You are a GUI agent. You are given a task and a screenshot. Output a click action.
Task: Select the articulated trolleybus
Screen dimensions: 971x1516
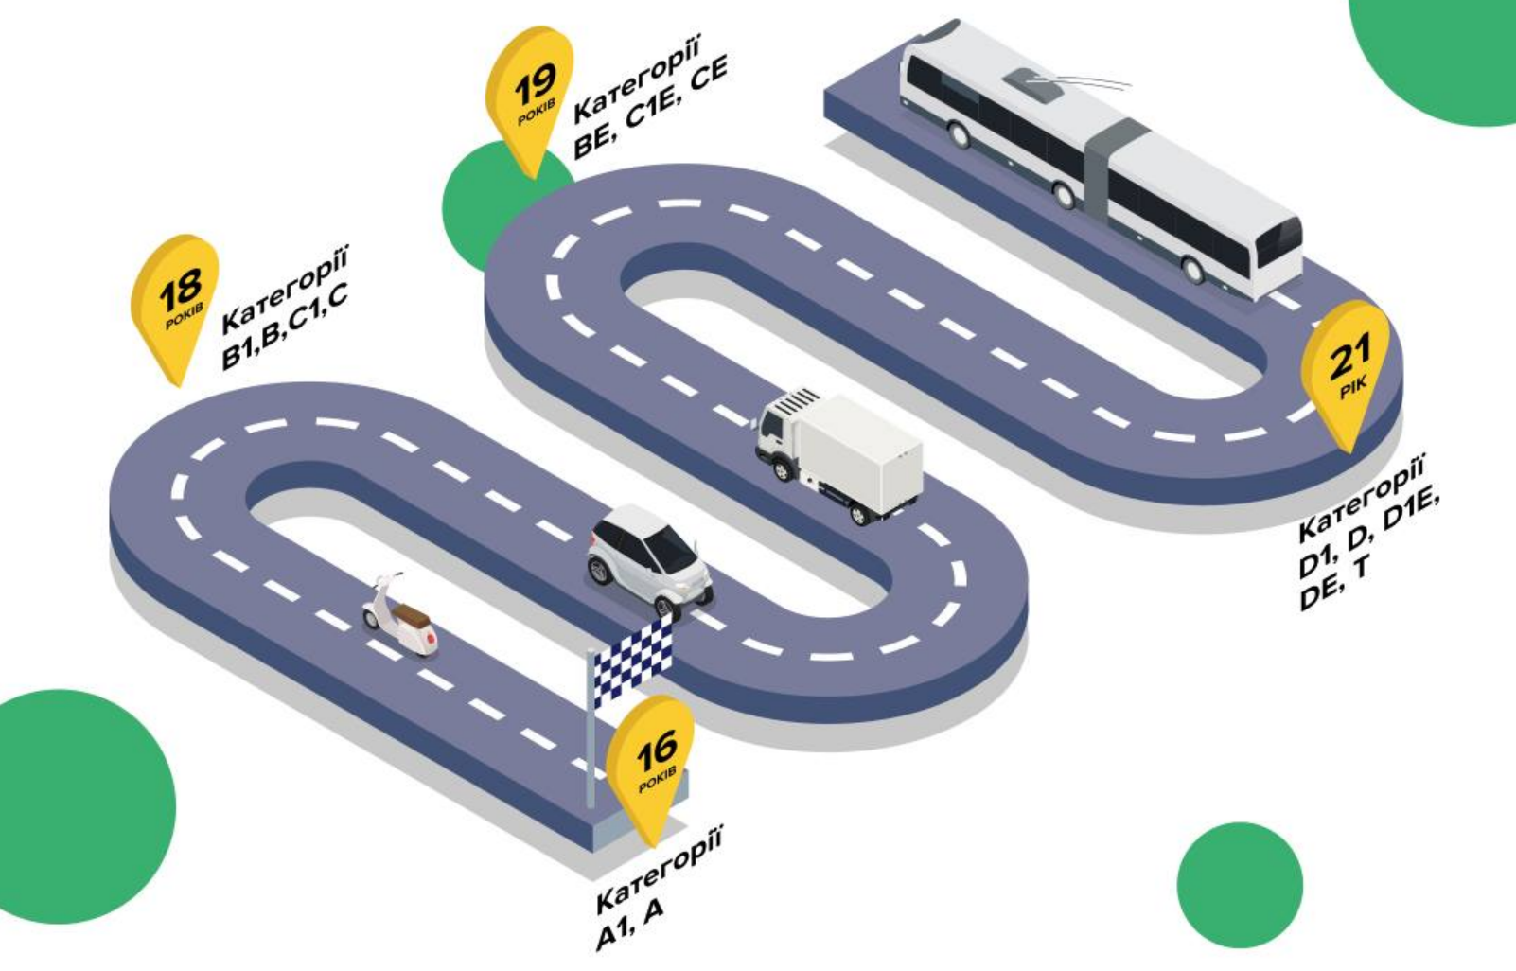click(1098, 161)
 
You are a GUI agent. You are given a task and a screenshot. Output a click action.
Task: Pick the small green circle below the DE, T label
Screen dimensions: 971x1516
click(1240, 885)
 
